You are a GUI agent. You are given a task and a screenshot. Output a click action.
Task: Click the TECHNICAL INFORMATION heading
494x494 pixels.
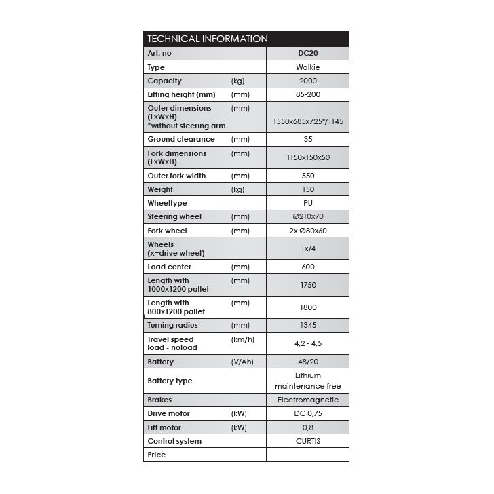[208, 39]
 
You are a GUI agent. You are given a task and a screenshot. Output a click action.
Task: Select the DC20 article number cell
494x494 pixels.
[307, 53]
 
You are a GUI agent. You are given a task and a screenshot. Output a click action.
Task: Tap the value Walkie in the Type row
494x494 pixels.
[307, 67]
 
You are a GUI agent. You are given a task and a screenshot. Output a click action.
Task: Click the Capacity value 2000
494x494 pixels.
[307, 81]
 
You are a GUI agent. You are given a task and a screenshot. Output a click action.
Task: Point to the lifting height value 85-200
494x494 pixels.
[307, 94]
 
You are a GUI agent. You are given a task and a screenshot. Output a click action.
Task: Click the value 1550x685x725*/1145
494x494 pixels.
[307, 121]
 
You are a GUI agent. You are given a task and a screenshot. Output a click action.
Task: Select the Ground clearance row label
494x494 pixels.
[180, 139]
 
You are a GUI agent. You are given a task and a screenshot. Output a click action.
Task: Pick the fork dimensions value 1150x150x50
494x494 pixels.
[307, 157]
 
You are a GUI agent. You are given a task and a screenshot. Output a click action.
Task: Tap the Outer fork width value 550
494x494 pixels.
[307, 176]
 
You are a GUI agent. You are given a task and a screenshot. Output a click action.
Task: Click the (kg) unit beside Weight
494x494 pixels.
[237, 189]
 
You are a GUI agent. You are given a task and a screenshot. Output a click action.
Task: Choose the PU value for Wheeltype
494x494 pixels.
[307, 203]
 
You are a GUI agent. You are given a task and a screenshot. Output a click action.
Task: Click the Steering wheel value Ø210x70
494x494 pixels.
[307, 216]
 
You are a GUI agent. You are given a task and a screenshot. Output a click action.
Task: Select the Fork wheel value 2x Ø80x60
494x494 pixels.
[307, 231]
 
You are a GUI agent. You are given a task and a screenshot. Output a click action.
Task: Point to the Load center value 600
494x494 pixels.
[307, 267]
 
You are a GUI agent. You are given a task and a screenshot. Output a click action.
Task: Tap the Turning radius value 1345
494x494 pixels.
[307, 326]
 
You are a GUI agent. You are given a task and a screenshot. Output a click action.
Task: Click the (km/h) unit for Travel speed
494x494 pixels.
[242, 339]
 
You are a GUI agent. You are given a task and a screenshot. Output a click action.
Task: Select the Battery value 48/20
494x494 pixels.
[307, 362]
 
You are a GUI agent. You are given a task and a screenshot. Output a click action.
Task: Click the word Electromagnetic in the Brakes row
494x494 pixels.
[307, 400]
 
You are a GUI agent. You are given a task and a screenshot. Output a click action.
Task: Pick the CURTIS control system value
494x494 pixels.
[307, 441]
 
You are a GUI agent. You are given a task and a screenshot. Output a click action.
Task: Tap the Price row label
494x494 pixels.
[156, 455]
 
